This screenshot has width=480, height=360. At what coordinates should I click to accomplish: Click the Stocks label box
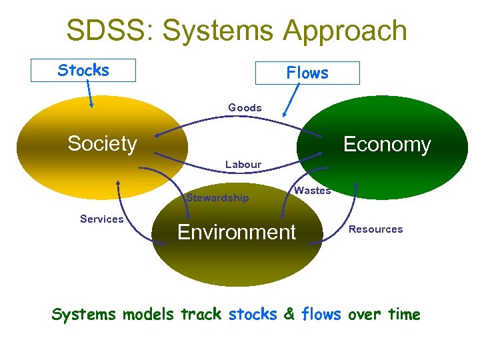coord(83,70)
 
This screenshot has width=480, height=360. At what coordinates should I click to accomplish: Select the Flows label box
coord(307,73)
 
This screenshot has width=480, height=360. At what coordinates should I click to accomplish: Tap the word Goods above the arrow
coord(245,107)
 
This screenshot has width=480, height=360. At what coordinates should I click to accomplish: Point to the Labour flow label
coord(243,164)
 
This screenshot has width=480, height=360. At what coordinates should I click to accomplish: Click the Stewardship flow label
coord(218,197)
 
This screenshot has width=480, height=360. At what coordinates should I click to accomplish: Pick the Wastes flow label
coord(312,191)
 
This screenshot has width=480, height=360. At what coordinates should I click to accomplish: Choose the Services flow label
coord(101,219)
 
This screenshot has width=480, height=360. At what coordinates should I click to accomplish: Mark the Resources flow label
coord(376,229)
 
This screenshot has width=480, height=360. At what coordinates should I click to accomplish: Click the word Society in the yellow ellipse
coord(102,143)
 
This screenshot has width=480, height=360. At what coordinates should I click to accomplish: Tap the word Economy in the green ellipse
coord(387,145)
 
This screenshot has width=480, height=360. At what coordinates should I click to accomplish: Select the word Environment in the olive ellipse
coord(236,232)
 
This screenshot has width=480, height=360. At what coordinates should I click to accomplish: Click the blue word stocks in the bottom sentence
coord(253,314)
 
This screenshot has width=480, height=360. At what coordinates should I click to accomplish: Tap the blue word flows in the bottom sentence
coord(321,314)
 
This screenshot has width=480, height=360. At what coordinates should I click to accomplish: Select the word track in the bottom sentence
coord(201,314)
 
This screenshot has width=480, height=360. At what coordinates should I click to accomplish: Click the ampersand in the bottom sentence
coord(289,314)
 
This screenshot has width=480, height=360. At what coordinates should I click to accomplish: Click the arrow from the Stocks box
coord(90,95)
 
